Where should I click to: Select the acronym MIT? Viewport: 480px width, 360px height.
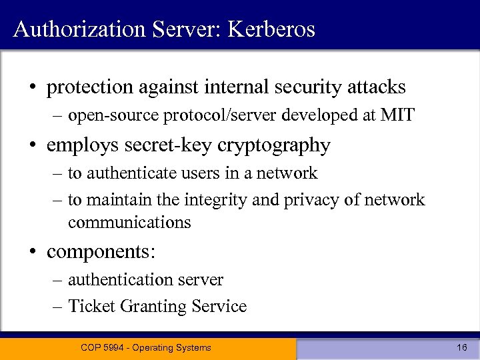(x=397, y=116)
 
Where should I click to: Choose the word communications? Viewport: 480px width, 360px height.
(x=129, y=222)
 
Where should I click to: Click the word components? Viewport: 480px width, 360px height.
(x=101, y=252)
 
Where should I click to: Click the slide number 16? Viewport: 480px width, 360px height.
(x=462, y=347)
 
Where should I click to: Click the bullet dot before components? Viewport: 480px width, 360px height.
(x=32, y=252)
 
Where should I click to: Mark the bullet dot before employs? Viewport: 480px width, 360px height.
(x=32, y=145)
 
